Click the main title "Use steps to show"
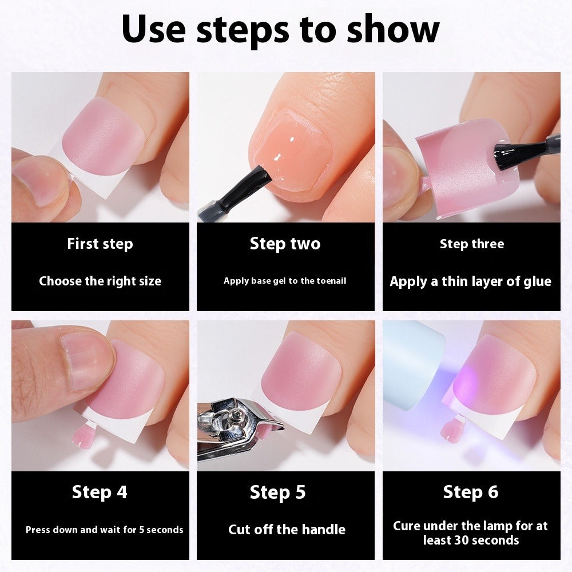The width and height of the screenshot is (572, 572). [x=280, y=30]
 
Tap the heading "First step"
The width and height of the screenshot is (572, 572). [x=100, y=244]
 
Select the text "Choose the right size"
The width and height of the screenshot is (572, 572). [x=100, y=281]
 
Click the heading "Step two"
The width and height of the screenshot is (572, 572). [x=285, y=244]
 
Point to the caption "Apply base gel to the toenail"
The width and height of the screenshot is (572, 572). [x=285, y=281]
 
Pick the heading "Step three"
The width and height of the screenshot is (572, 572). [x=472, y=244]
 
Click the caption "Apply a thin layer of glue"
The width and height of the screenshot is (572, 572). [x=471, y=281]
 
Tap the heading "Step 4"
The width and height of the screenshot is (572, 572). [x=100, y=492]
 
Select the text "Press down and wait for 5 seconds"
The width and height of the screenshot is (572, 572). [x=105, y=530]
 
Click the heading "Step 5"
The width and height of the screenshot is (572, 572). [x=278, y=492]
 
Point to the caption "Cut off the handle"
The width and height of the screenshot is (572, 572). [x=287, y=530]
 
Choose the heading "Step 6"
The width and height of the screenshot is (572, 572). [x=471, y=492]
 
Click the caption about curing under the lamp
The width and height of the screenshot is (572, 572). [x=471, y=533]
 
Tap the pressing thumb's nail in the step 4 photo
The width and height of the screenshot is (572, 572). [x=86, y=360]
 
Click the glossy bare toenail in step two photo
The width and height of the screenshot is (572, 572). [x=295, y=154]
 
